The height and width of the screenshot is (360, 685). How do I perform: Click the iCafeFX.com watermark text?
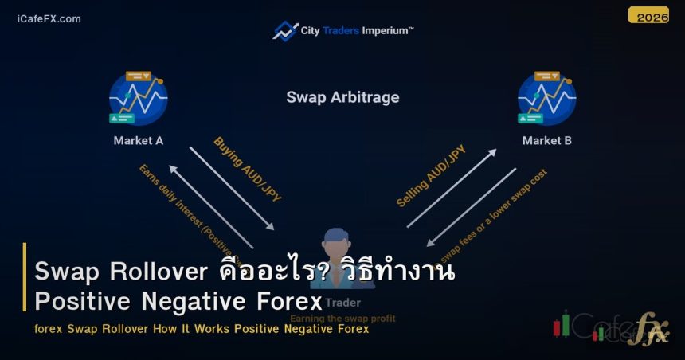pyautogui.click(x=49, y=18)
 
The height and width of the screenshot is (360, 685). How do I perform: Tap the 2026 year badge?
pyautogui.click(x=648, y=16)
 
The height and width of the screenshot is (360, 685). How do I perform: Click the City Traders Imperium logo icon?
pyautogui.click(x=284, y=31)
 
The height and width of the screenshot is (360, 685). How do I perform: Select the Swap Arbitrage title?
pyautogui.click(x=342, y=98)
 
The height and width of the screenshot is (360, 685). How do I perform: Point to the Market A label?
pyautogui.click(x=138, y=141)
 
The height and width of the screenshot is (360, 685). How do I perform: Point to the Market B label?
pyautogui.click(x=547, y=141)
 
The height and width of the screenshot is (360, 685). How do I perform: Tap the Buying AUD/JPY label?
pyautogui.click(x=248, y=168)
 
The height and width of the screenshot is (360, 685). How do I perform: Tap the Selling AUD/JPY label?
pyautogui.click(x=431, y=176)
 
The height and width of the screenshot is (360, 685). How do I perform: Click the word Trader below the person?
pyautogui.click(x=343, y=303)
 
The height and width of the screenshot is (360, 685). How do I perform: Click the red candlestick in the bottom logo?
pyautogui.click(x=566, y=325)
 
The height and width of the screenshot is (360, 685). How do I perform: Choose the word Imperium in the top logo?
pyautogui.click(x=388, y=30)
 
